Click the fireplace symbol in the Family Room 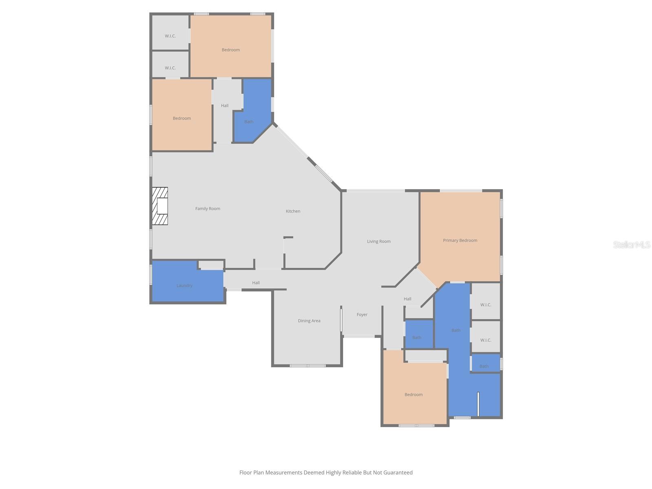pos(160,206)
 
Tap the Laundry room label pos(184,286)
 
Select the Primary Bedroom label pos(460,240)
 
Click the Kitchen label pos(293,211)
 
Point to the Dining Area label pos(309,321)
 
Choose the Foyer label pos(362,315)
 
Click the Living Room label pos(379,241)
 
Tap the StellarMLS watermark pos(632,244)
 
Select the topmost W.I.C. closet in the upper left pos(170,36)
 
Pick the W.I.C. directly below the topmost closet pos(170,68)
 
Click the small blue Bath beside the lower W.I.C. pos(484,366)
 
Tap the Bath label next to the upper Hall pos(249,121)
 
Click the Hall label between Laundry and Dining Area pos(256,283)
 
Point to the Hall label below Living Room pos(407,299)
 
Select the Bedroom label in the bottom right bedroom pos(414,394)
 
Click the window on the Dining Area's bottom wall pos(308,366)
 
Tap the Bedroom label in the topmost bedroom pos(231,50)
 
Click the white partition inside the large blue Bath pos(478,403)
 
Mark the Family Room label pos(207,209)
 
